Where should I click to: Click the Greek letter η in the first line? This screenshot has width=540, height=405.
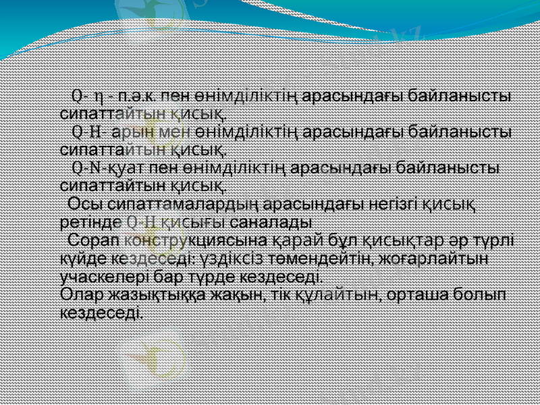[x=99, y=93]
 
